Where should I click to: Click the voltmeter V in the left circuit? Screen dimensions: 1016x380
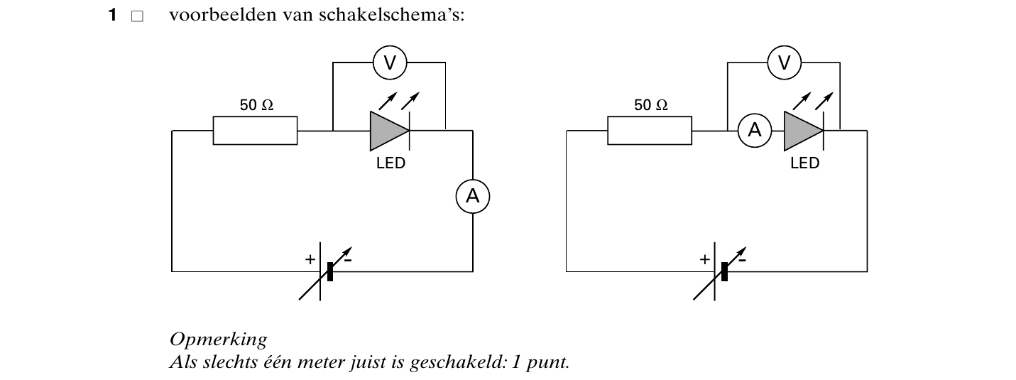390,63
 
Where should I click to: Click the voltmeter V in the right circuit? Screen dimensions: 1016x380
785,63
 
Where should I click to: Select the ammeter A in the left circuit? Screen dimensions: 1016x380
473,197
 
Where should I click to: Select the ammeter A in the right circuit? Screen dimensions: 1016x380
755,131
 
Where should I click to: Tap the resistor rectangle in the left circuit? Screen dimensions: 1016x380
256,131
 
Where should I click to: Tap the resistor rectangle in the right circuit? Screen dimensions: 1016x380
650,131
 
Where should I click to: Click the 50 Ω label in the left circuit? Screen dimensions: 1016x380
256,105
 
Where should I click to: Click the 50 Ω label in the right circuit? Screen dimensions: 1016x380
651,105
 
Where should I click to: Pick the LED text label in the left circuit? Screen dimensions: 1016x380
390,163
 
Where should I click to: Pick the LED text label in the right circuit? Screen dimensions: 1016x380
804,163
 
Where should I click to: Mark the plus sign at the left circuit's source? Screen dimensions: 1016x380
310,259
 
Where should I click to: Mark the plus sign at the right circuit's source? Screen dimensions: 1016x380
705,259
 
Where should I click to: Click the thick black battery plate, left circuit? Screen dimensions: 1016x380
330,271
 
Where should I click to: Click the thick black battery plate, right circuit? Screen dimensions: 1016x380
725,271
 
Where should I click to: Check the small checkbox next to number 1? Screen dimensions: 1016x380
138,16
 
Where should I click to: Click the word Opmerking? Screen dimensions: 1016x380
219,339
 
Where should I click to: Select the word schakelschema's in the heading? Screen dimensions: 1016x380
391,14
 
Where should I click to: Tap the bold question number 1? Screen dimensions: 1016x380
113,15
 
